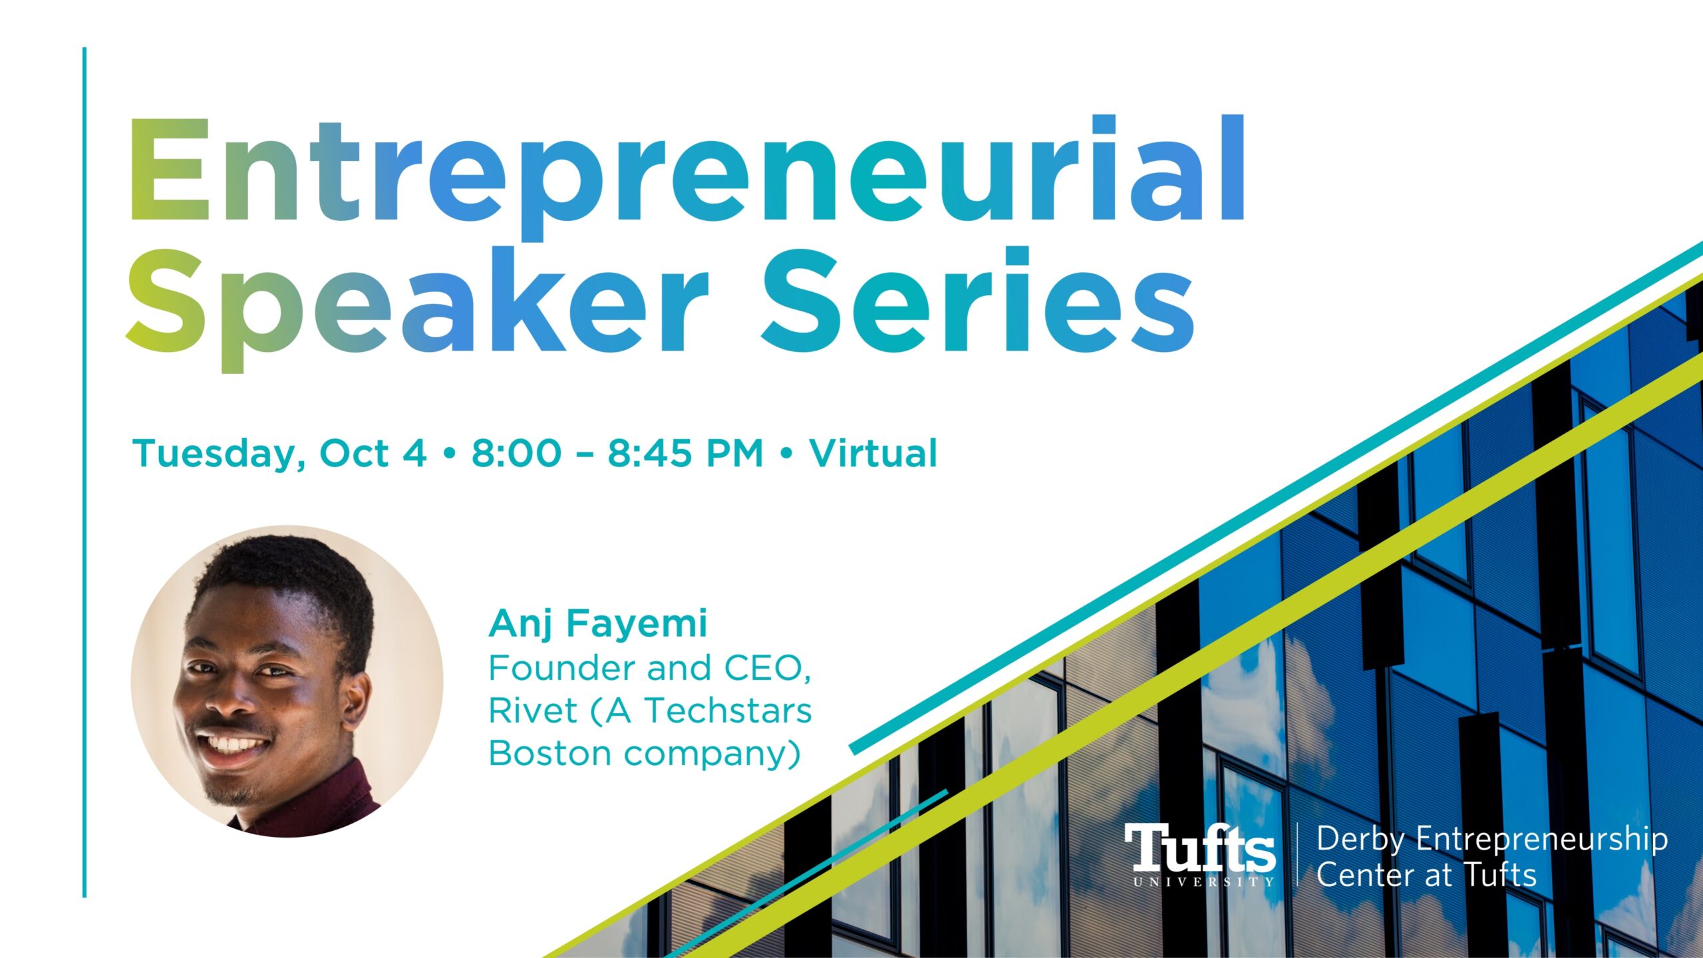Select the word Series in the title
tap(978, 299)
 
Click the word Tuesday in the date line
tap(219, 454)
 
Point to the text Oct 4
tap(373, 453)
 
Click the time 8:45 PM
tap(685, 453)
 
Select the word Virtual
tap(873, 453)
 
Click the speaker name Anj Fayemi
tap(598, 624)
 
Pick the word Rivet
tap(533, 711)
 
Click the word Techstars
tap(728, 711)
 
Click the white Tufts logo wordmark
tap(1199, 848)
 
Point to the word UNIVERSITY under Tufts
tap(1203, 882)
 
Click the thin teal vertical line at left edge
tap(84, 472)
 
